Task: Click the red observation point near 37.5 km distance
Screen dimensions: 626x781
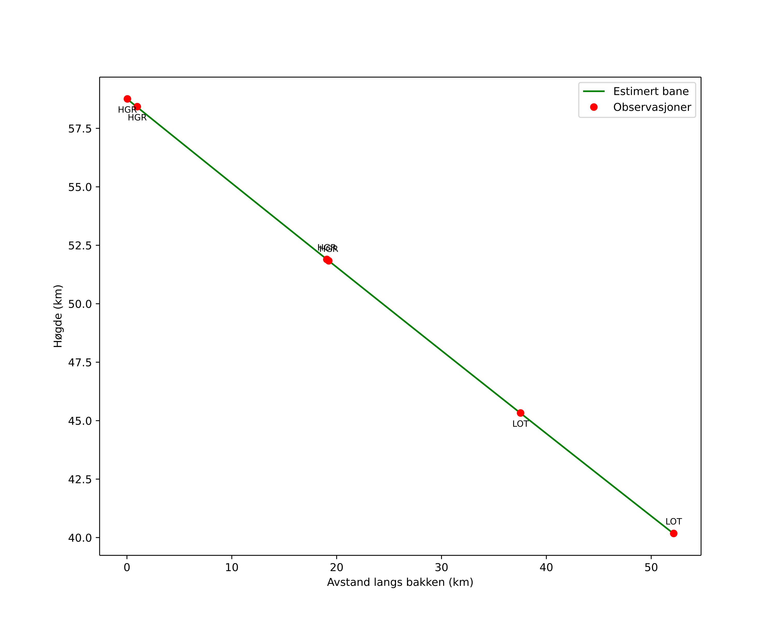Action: pos(520,413)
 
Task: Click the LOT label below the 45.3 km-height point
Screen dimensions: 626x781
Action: pos(520,424)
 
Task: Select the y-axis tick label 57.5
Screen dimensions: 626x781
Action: pos(80,129)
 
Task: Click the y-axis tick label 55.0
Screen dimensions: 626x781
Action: pos(80,187)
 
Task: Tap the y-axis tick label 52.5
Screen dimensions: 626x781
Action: pos(80,246)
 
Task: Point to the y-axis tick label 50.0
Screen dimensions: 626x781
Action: pos(80,304)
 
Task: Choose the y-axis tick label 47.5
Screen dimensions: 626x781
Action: pos(80,363)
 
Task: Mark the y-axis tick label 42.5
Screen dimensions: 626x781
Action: pos(80,480)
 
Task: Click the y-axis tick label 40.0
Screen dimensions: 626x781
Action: pos(80,538)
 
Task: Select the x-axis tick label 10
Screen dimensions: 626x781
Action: pos(232,568)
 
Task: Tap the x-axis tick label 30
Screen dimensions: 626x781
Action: pos(442,568)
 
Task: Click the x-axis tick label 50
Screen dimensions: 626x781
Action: pos(651,568)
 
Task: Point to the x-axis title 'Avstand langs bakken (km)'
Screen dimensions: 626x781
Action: pos(400,582)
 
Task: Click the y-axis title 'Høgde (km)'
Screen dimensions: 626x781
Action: pos(58,316)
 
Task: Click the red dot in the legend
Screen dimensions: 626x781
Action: pos(594,107)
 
